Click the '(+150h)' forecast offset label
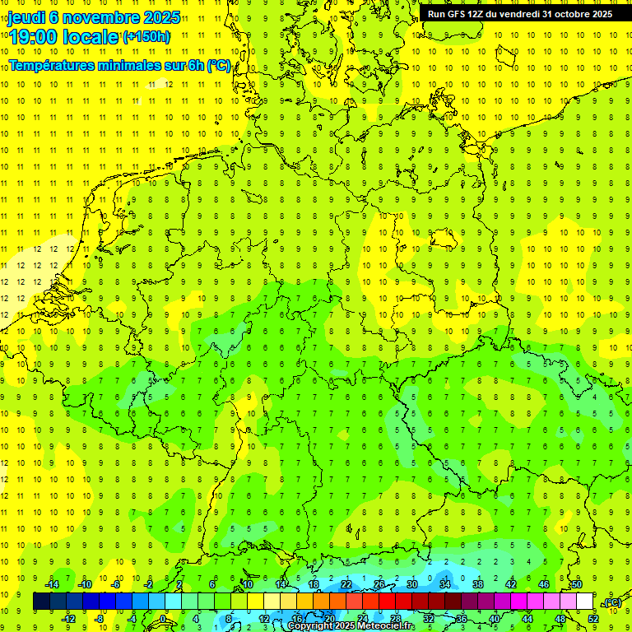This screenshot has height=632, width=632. coord(146,37)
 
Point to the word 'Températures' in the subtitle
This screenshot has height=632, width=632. coord(53,65)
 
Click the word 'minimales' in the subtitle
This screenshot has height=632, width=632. coord(132,65)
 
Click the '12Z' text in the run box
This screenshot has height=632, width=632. coord(478,14)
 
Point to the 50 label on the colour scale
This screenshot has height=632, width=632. coord(576,584)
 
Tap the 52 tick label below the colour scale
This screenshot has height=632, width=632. coord(593,619)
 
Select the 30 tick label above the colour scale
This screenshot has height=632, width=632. coord(412,584)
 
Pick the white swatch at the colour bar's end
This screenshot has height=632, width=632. coord(585,602)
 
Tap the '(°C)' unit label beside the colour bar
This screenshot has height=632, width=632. coord(611,602)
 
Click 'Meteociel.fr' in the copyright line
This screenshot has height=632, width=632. coord(387,626)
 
